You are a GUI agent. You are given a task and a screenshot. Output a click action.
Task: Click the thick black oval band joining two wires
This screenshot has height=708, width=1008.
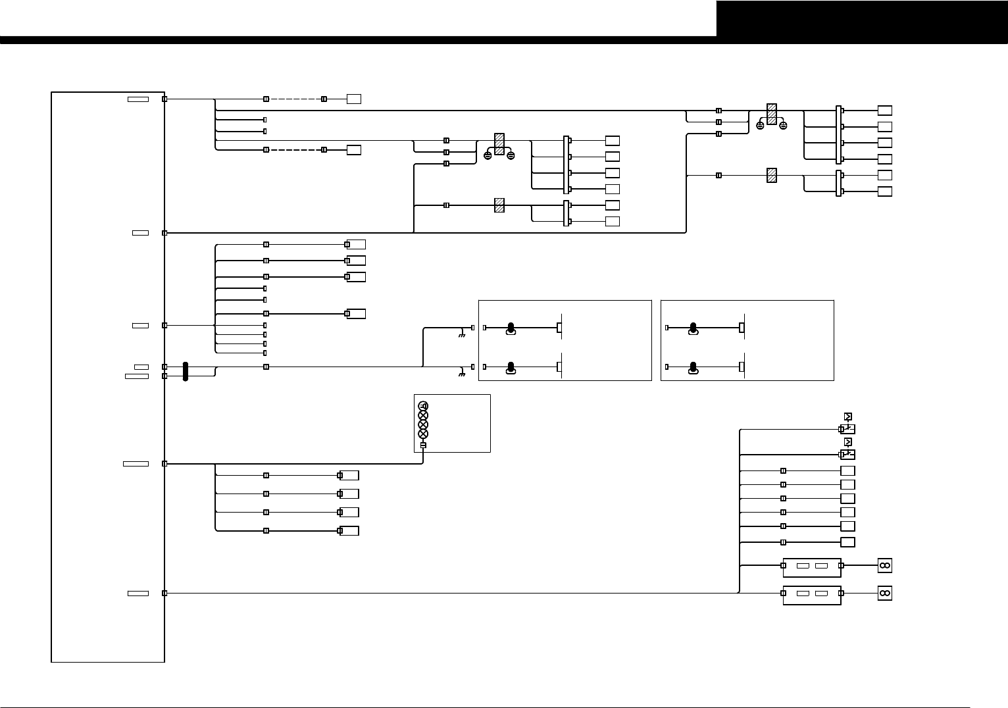186,371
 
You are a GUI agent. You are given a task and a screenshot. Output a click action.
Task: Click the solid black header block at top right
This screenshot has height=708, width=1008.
862,18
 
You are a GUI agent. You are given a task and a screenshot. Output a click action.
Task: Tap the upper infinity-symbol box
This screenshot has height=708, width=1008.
884,565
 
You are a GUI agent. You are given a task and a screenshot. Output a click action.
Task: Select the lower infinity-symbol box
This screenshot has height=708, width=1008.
884,594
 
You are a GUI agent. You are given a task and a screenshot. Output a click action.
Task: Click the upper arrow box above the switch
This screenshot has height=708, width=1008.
847,417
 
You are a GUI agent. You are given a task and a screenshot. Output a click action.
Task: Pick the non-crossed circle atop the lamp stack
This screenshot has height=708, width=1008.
423,406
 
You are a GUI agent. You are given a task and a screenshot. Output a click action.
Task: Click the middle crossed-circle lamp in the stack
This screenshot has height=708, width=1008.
423,424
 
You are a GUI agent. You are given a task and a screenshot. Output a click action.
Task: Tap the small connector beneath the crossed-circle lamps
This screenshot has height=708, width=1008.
423,445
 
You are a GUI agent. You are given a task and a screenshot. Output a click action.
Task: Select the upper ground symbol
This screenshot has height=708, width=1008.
462,336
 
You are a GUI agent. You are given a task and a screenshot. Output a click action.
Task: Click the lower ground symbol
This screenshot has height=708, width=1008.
462,375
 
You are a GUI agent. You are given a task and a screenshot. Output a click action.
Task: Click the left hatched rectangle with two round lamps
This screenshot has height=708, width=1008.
499,144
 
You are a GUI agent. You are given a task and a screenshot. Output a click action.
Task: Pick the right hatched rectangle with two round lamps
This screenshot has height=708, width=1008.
772,114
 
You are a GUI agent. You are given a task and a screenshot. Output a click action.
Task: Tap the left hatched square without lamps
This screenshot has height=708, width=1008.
499,205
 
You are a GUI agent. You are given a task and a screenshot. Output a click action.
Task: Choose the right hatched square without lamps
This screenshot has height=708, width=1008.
772,176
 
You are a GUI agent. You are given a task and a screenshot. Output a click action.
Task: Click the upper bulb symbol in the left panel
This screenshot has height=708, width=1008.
510,328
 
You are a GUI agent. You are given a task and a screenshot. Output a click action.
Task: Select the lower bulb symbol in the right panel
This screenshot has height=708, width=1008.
692,368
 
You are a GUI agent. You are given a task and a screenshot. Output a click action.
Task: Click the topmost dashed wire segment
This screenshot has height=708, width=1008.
295,99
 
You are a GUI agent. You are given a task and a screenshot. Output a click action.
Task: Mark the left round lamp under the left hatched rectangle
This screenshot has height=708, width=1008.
488,155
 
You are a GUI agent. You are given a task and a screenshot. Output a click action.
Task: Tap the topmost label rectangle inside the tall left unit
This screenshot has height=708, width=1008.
138,99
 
